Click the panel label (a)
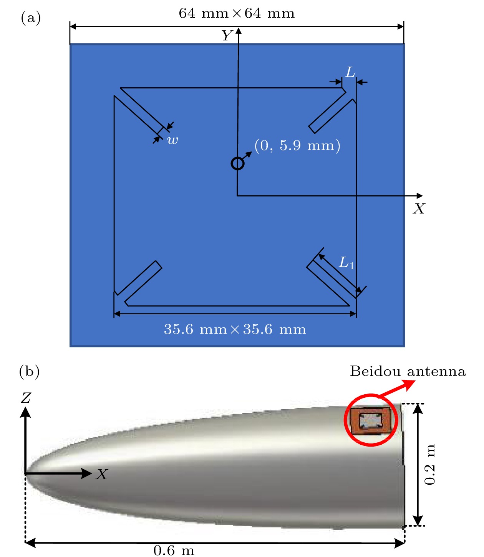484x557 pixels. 31,18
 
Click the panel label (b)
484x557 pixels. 29,371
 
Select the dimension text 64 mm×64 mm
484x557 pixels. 236,13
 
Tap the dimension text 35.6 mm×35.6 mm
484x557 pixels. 235,329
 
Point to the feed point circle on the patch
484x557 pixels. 237,163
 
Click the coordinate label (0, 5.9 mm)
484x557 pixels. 297,145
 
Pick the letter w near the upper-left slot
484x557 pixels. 172,140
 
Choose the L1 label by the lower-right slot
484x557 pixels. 346,263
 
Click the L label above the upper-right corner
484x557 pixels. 350,72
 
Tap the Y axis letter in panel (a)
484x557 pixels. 227,35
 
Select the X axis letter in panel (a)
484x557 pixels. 419,208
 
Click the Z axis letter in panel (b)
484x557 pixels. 26,398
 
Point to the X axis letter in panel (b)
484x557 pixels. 102,474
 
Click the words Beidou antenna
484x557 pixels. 408,371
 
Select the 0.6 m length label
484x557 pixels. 174,550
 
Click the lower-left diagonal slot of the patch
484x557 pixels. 138,283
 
